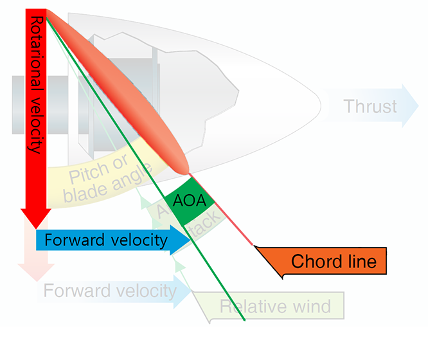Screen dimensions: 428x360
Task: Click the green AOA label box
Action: click(190, 201)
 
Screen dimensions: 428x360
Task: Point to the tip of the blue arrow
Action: click(191, 240)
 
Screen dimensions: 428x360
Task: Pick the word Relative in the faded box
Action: click(251, 306)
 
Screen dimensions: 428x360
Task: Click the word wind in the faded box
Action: click(310, 306)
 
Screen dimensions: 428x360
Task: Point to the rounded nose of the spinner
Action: click(319, 103)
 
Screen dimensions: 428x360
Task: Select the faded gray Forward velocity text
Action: click(110, 291)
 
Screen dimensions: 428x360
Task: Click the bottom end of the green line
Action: click(245, 319)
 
